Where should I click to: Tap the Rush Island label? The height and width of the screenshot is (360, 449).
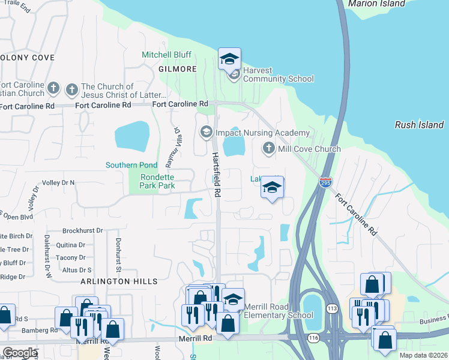point(419,125)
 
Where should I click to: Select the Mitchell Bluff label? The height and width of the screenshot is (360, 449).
point(166,55)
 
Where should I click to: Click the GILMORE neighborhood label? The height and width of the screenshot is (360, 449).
point(178,69)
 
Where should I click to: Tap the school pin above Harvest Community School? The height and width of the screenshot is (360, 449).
point(229,59)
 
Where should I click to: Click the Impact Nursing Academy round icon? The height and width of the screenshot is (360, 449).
point(206,132)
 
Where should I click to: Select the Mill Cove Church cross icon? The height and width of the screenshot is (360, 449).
point(269,148)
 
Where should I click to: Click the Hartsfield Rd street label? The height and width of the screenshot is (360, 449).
point(217,175)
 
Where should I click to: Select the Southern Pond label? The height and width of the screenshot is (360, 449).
point(131,165)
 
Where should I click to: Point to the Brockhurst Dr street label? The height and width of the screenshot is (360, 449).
point(83,230)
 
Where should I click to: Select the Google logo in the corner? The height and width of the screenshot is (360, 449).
point(19,353)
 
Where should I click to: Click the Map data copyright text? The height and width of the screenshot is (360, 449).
point(424,355)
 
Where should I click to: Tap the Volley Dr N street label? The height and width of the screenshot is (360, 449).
point(58,182)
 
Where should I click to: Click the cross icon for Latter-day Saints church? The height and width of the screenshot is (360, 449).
point(71,90)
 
